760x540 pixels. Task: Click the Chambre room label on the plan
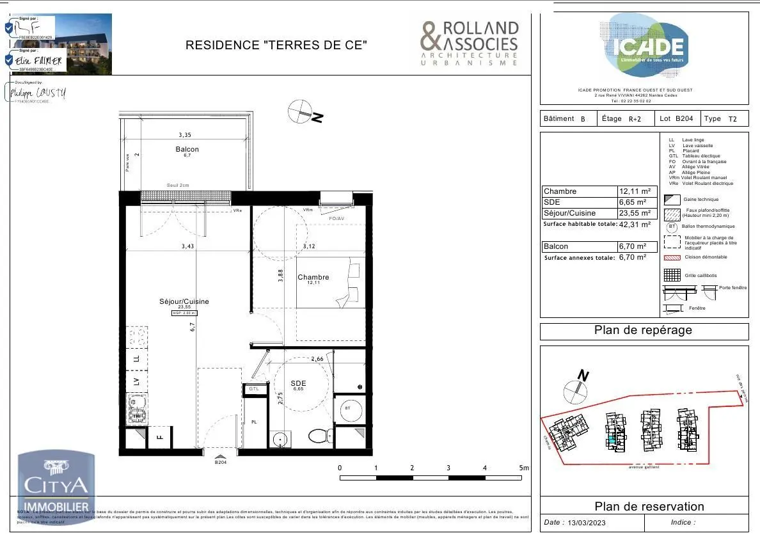pyautogui.click(x=313, y=277)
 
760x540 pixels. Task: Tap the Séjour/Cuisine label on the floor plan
pyautogui.click(x=184, y=301)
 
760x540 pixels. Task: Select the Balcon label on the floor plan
pyautogui.click(x=187, y=149)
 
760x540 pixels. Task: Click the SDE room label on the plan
pyautogui.click(x=299, y=383)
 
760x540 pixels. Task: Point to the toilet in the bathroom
pyautogui.click(x=319, y=436)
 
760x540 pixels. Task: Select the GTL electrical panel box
pyautogui.click(x=254, y=389)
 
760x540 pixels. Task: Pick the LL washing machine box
pyautogui.click(x=136, y=359)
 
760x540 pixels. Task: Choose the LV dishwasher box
pyautogui.click(x=136, y=381)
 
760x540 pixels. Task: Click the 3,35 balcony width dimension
pyautogui.click(x=185, y=135)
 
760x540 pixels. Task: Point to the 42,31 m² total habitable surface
pyautogui.click(x=635, y=225)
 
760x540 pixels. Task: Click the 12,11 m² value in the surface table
pyautogui.click(x=635, y=191)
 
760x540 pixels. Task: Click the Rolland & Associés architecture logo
pyautogui.click(x=469, y=44)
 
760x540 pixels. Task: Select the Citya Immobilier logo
pyautogui.click(x=56, y=489)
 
